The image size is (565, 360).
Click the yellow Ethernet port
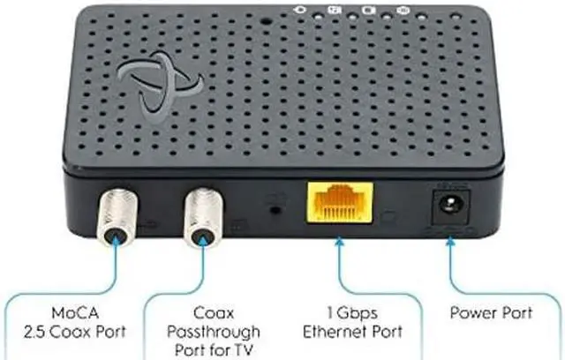(x=339, y=203)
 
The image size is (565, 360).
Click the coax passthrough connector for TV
(x=203, y=219)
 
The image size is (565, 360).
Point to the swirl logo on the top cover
(x=160, y=87)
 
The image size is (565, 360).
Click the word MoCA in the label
(x=75, y=312)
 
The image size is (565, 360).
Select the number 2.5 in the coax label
(x=34, y=332)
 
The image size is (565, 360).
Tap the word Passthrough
(x=214, y=333)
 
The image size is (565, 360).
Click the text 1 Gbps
(x=352, y=313)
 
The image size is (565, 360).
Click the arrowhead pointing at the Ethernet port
(x=339, y=242)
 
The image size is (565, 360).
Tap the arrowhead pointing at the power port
(x=450, y=242)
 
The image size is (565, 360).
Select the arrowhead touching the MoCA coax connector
(x=116, y=239)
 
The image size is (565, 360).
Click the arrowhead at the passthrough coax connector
(x=203, y=240)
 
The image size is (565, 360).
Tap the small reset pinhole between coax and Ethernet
(x=275, y=209)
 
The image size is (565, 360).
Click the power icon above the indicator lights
(x=299, y=10)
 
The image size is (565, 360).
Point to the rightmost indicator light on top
(x=456, y=17)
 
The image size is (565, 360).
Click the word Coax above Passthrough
(x=214, y=313)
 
